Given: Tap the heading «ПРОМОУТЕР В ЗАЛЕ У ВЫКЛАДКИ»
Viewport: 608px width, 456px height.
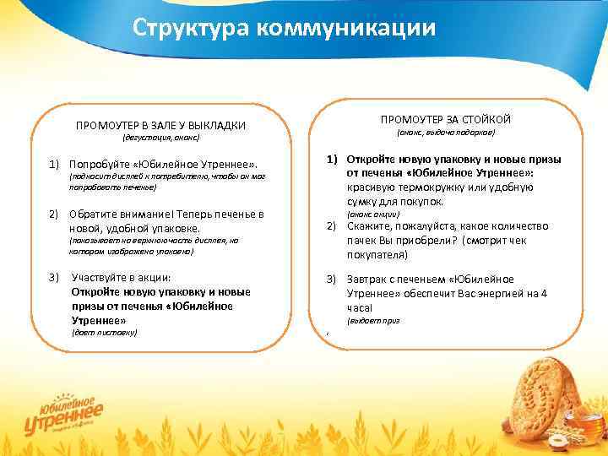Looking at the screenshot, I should [x=160, y=126].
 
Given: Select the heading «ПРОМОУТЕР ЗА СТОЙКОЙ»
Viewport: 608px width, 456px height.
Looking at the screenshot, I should [x=445, y=119].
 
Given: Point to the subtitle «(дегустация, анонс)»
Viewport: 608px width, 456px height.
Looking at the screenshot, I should [x=160, y=138].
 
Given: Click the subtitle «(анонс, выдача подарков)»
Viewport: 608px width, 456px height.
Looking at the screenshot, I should [x=445, y=133].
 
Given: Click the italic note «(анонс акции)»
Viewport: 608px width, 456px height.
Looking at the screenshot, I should [x=372, y=214].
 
